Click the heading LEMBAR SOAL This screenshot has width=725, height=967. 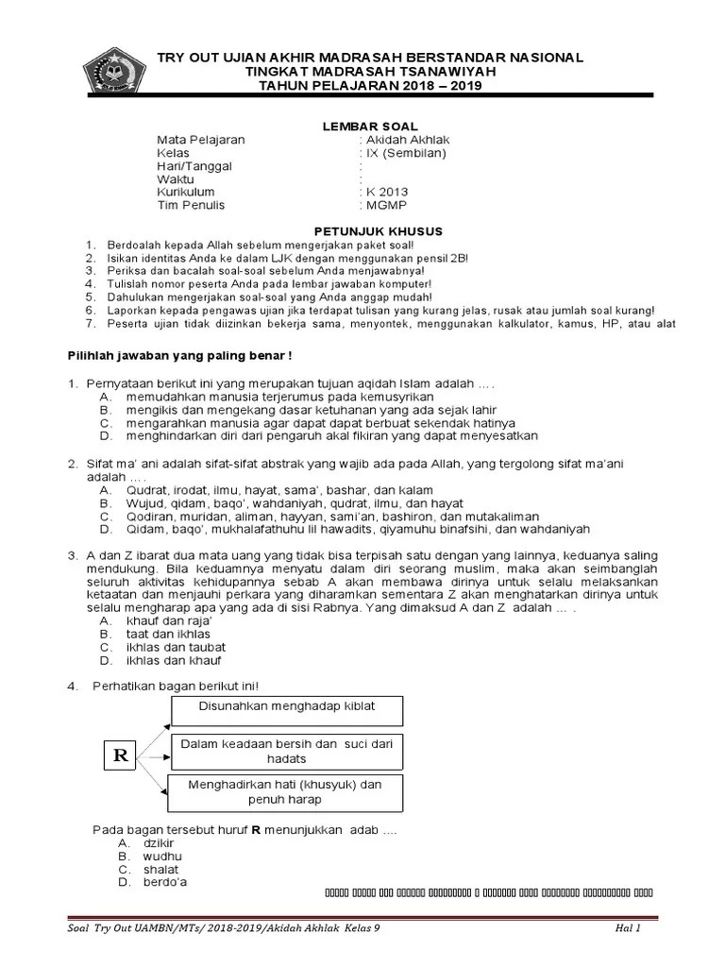364,126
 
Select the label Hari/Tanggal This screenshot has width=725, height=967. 194,166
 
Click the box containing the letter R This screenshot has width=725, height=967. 121,756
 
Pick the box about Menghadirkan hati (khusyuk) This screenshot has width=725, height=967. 286,792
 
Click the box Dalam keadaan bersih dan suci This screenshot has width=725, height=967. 286,752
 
